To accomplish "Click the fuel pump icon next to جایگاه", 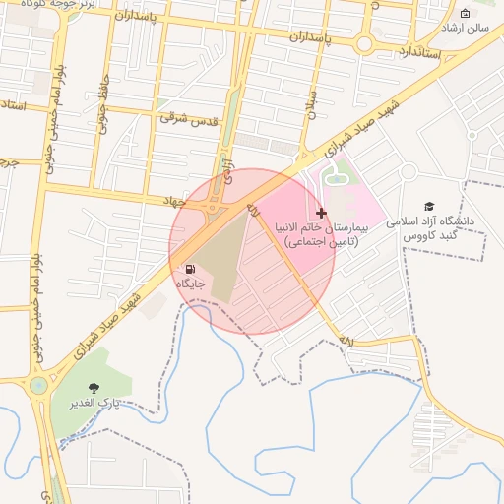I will pos(188,268).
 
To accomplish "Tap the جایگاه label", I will pos(189,283).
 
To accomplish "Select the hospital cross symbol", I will pos(321,213).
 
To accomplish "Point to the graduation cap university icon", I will pos(428,206).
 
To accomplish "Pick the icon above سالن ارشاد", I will pos(465,13).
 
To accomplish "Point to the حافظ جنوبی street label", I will pos(101,103).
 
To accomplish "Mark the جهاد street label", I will pos(174,200).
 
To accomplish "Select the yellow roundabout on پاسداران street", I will pos(364,44).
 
